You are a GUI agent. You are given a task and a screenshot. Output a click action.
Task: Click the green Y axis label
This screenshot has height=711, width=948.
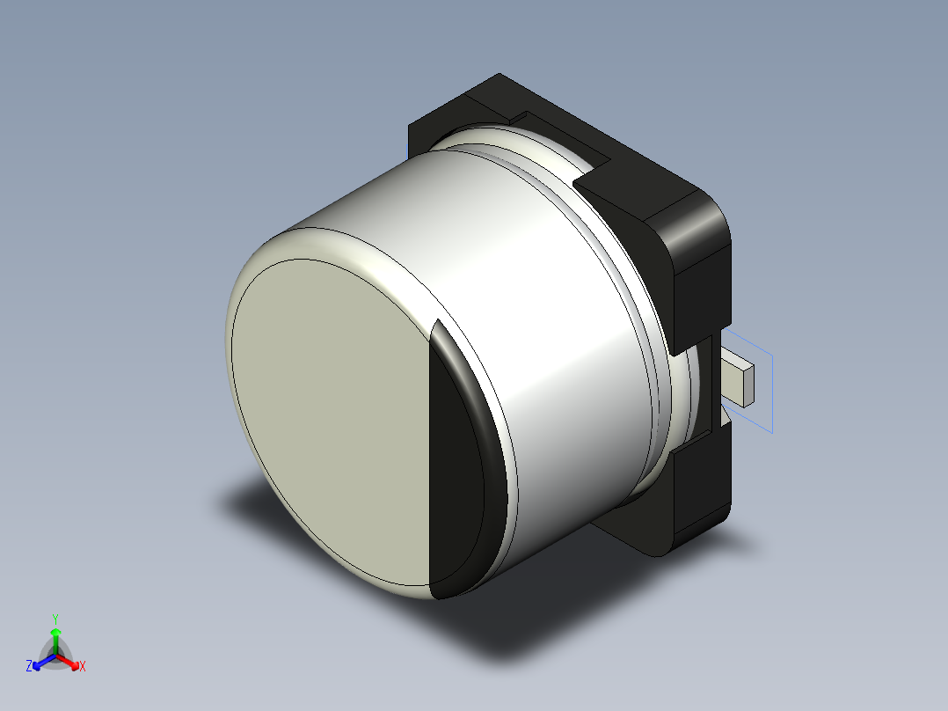click(55, 618)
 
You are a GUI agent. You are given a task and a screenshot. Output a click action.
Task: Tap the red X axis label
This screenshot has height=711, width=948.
click(83, 667)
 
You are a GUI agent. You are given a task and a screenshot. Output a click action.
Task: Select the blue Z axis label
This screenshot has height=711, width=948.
click(29, 667)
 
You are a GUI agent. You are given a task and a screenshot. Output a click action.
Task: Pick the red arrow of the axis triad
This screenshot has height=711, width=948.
click(70, 661)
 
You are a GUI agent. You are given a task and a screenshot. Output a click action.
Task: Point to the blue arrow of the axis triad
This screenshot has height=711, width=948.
click(40, 661)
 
